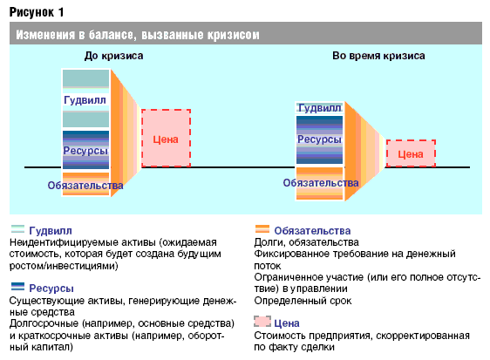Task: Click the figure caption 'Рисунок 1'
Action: tap(37, 12)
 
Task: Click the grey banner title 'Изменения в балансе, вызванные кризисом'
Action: tap(138, 35)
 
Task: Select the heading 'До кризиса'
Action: tap(113, 56)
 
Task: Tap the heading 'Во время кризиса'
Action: tap(378, 56)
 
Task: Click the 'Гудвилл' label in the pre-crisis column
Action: tap(85, 100)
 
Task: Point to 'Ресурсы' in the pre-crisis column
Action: tap(85, 151)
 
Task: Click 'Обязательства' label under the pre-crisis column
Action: tap(85, 186)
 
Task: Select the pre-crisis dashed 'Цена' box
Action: tap(166, 138)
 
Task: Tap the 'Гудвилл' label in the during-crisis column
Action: tap(319, 108)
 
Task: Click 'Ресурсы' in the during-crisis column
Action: tap(319, 139)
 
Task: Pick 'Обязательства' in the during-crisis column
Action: tap(321, 183)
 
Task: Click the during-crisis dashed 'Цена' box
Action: tap(411, 153)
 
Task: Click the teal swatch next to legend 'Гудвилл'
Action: tap(17, 229)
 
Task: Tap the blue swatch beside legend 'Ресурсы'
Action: tap(17, 287)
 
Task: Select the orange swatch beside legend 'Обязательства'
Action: tap(262, 229)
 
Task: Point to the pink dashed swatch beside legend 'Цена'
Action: tap(262, 322)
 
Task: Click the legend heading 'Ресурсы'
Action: tap(51, 289)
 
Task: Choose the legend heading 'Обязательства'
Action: tap(312, 231)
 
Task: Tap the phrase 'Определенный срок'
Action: tap(303, 301)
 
